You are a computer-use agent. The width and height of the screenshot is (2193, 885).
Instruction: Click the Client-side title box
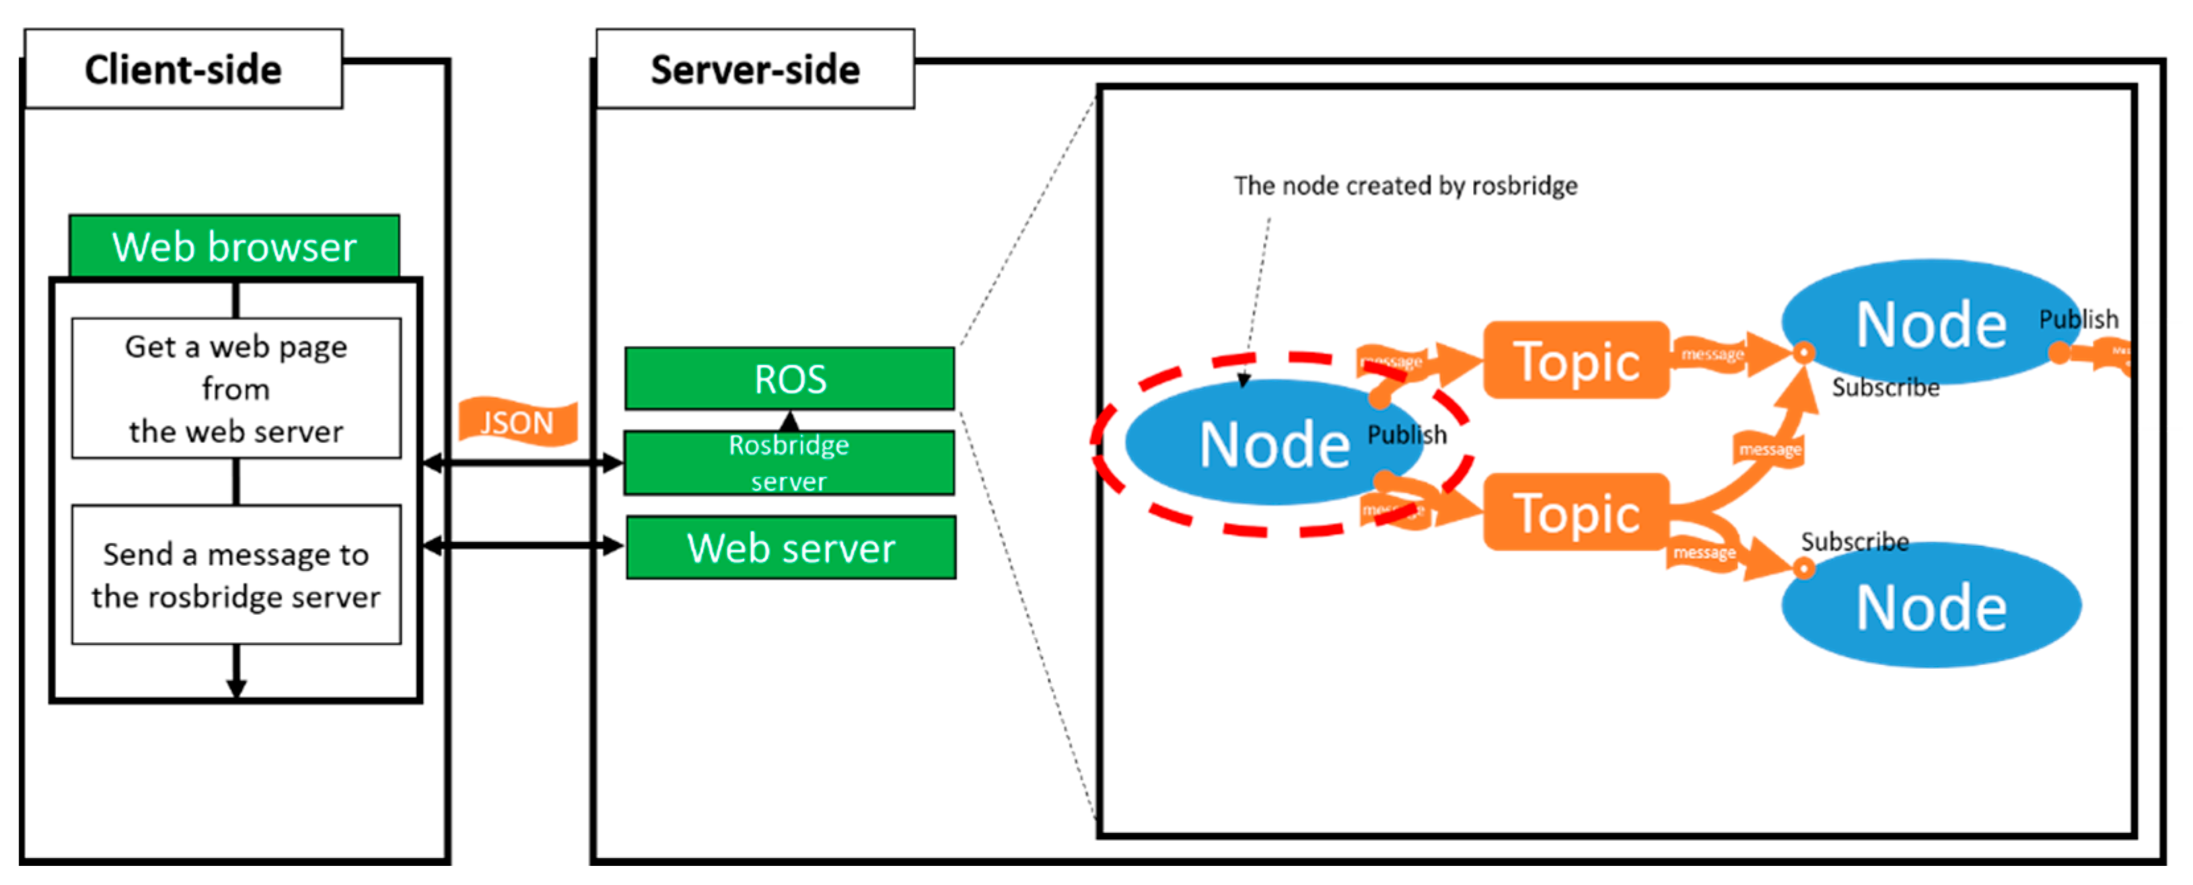click(x=183, y=69)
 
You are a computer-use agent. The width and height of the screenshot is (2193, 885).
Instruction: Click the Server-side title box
click(x=755, y=69)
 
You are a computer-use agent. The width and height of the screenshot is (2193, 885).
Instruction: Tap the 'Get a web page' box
click(x=236, y=389)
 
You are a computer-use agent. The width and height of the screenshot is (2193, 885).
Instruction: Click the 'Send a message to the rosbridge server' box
click(x=236, y=575)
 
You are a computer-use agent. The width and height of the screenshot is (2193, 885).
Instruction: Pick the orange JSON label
click(x=517, y=422)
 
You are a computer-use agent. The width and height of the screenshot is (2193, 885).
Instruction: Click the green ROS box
click(x=789, y=379)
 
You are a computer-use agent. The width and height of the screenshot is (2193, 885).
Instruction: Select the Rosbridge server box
click(x=789, y=463)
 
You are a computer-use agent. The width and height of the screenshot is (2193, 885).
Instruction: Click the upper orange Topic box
click(x=1576, y=360)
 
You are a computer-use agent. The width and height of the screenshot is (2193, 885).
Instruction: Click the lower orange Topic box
click(x=1576, y=513)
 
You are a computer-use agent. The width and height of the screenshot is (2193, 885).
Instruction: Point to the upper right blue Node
click(x=1930, y=324)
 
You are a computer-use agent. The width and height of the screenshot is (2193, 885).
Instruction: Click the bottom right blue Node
click(x=1930, y=607)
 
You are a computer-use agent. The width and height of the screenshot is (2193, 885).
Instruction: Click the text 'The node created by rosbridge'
click(x=1406, y=186)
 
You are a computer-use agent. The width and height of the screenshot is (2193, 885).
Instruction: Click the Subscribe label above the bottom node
click(x=1854, y=541)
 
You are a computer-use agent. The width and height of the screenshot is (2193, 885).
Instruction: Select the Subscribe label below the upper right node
click(x=1885, y=387)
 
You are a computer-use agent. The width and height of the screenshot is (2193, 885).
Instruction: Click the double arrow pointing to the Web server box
click(x=522, y=545)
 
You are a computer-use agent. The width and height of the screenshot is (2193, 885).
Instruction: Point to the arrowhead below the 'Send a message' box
click(x=236, y=687)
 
